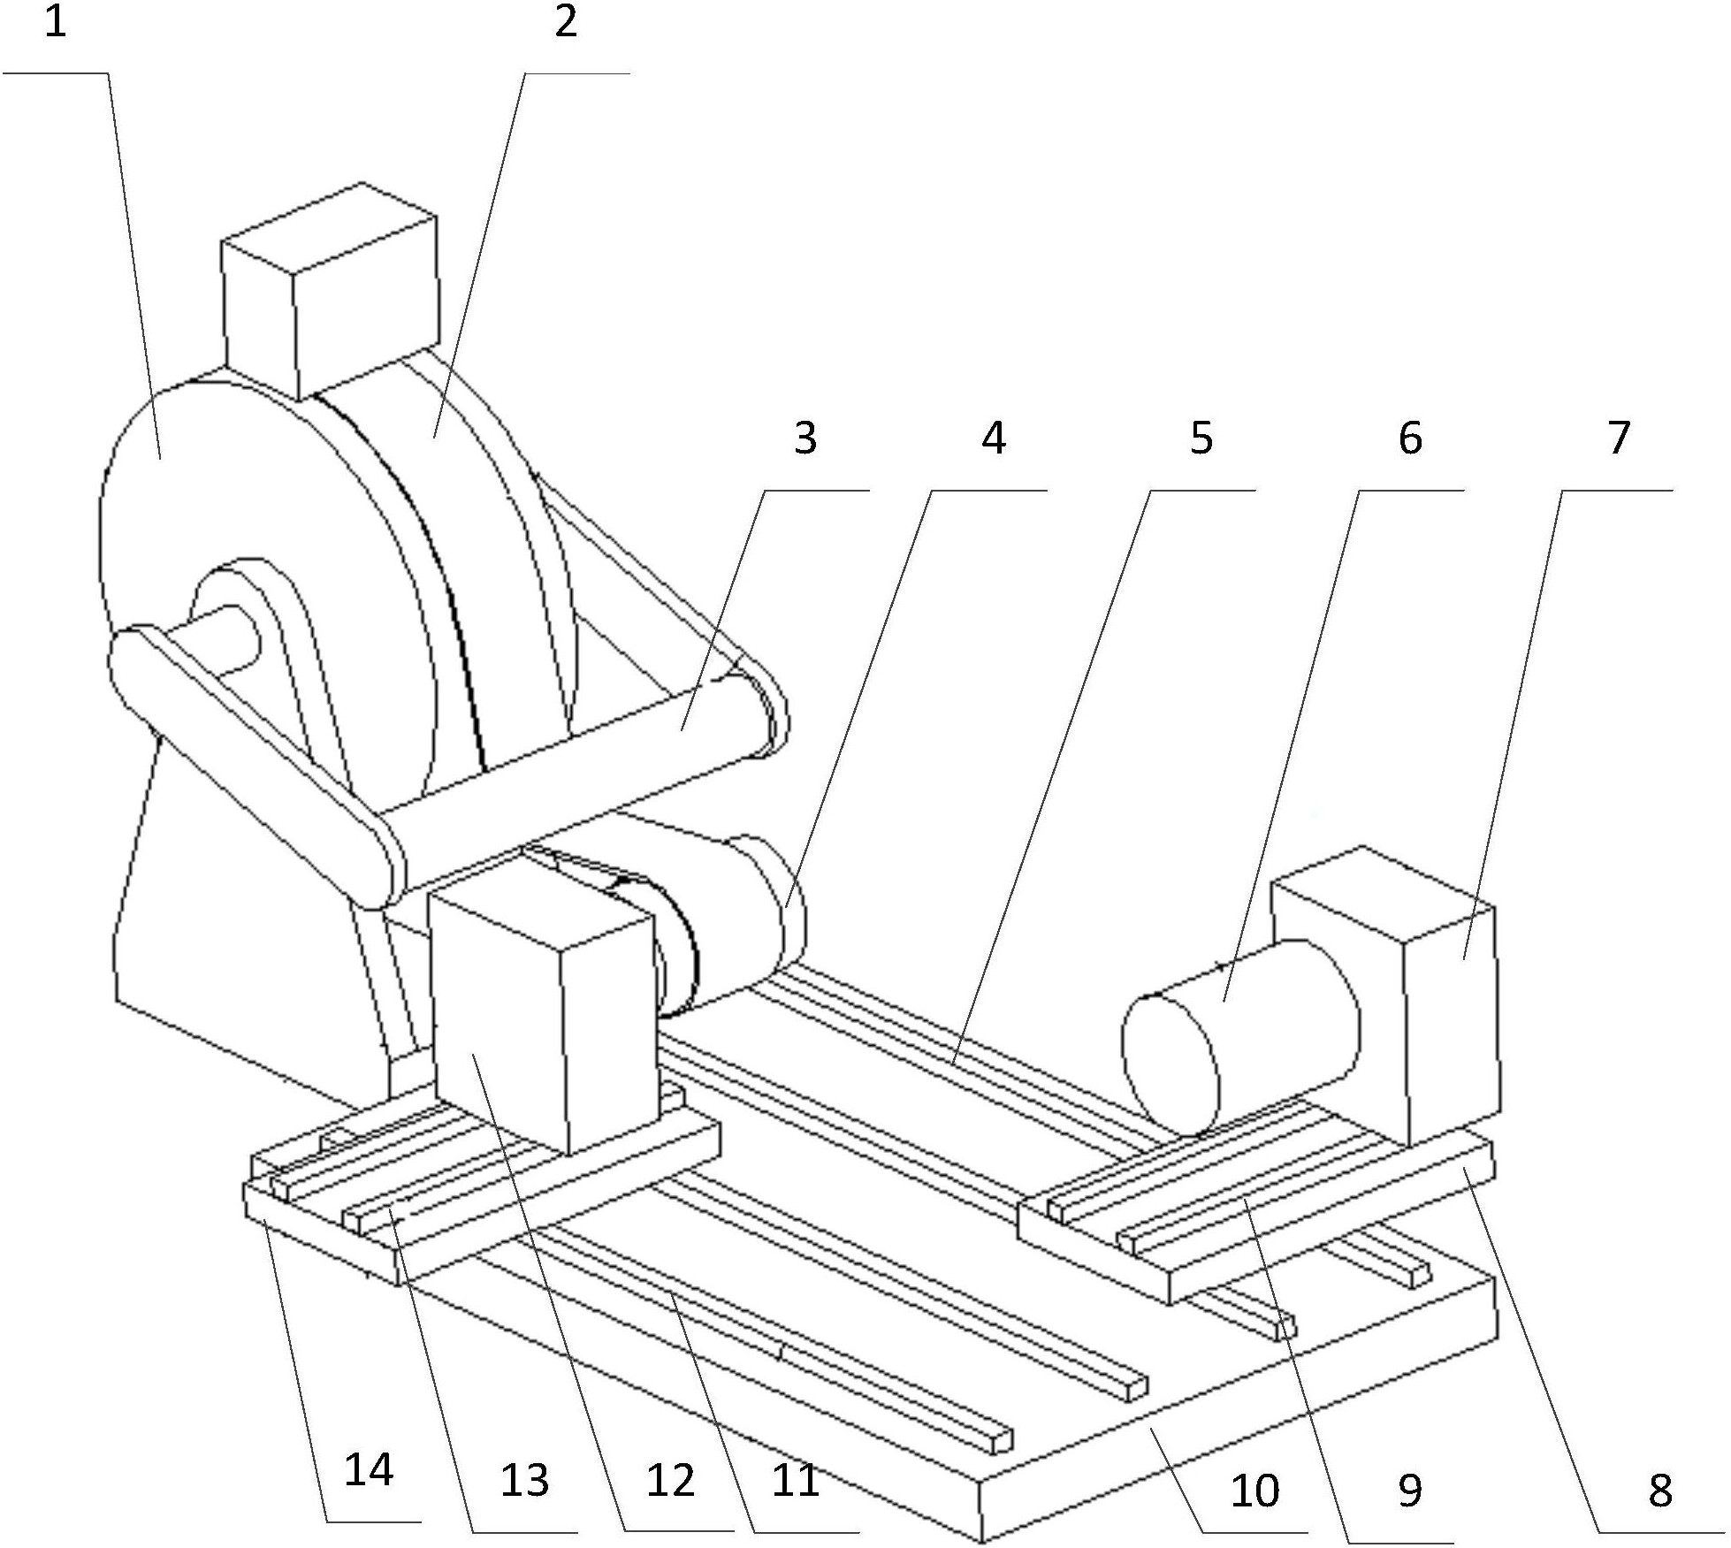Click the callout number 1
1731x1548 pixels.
click(x=56, y=23)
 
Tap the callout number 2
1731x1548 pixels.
click(x=566, y=22)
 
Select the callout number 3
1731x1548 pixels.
click(x=804, y=437)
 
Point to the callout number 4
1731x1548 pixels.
click(x=994, y=438)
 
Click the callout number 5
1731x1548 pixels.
click(x=1201, y=437)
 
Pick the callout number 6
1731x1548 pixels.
click(x=1409, y=438)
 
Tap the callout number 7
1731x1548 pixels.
click(x=1618, y=438)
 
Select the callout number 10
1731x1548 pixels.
click(x=1254, y=1491)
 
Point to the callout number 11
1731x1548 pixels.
click(x=796, y=1480)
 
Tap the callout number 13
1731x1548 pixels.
click(x=524, y=1480)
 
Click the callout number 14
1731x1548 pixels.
click(x=369, y=1471)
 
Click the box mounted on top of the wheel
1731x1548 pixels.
click(x=330, y=290)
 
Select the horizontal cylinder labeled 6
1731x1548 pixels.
click(x=1241, y=1040)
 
